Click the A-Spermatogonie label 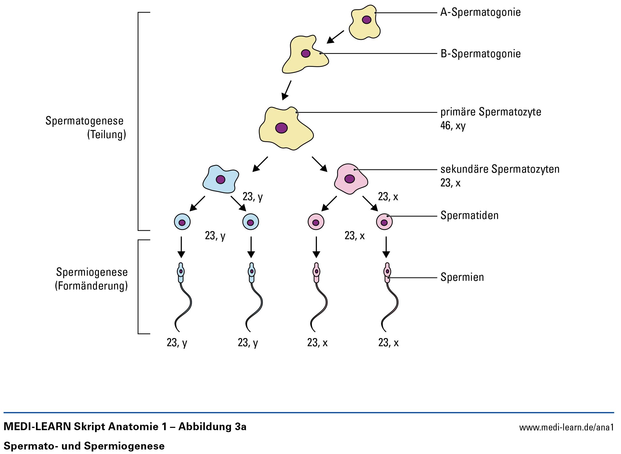tap(480, 12)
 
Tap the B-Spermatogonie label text tap(481, 54)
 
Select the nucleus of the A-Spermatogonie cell tap(366, 20)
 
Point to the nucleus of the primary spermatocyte tap(281, 128)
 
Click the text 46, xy tap(453, 126)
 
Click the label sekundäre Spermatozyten tap(500, 169)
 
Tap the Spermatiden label tap(469, 216)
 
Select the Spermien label tap(462, 277)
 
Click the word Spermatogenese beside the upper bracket tap(84, 121)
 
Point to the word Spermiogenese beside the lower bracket tap(92, 272)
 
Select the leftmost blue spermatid tap(182, 222)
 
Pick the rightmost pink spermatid tap(384, 222)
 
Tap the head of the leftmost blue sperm tap(181, 272)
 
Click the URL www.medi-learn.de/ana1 tap(566, 428)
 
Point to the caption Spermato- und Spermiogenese tap(84, 446)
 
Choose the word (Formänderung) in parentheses tap(91, 286)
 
